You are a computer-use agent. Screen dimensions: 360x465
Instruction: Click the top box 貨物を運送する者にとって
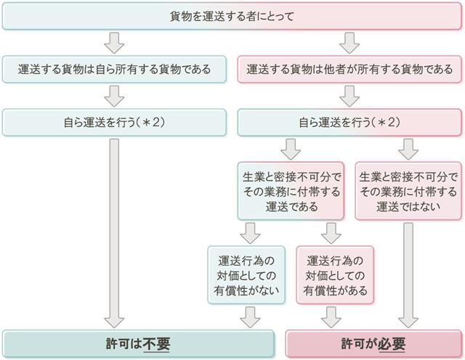(232, 16)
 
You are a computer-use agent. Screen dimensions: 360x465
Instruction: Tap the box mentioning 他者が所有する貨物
(349, 70)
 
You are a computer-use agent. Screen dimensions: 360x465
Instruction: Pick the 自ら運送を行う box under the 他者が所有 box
(349, 121)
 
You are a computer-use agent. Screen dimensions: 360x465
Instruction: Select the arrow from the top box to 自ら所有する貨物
(114, 43)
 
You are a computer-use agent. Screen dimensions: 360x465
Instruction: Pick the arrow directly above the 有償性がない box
(249, 232)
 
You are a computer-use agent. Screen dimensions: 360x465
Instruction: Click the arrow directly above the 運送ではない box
(408, 149)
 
